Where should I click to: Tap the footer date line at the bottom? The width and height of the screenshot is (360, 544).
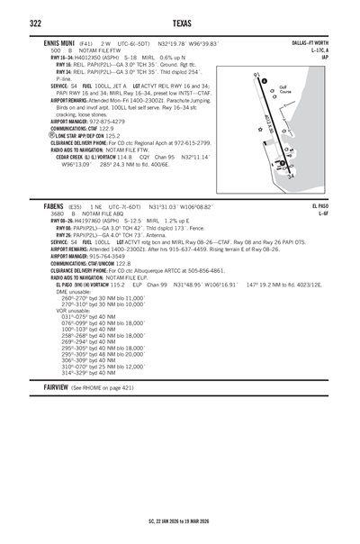tap(180, 520)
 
